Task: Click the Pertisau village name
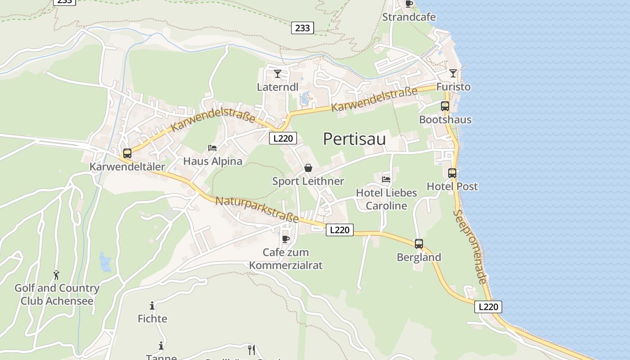(354, 139)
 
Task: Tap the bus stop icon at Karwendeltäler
(127, 153)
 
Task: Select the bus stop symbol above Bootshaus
(445, 106)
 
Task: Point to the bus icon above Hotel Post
(452, 173)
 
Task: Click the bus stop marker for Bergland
(419, 244)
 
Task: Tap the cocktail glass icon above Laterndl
(278, 73)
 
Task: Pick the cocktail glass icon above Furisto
(453, 73)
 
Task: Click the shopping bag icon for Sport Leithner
(308, 168)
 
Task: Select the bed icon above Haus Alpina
(212, 148)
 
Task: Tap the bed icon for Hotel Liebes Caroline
(386, 179)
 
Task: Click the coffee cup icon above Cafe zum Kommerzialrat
(286, 239)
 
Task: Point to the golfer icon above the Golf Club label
(56, 274)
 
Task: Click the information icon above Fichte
(152, 306)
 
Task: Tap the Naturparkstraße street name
(257, 209)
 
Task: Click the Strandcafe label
(409, 17)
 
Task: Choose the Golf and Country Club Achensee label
(57, 294)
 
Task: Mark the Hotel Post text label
(452, 186)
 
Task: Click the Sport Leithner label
(308, 181)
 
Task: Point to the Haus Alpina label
(212, 161)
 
